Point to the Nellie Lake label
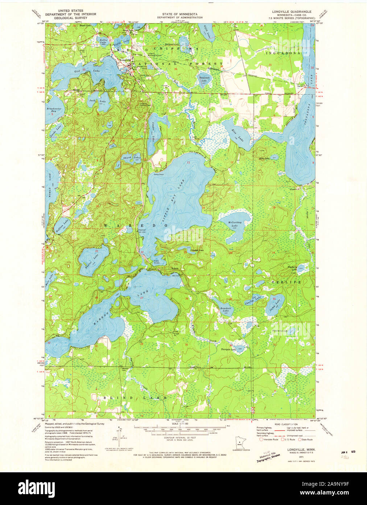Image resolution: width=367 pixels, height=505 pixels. coord(103,41)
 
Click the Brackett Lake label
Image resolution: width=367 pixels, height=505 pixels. coord(225,310)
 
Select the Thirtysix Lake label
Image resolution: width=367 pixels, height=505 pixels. coord(228,350)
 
